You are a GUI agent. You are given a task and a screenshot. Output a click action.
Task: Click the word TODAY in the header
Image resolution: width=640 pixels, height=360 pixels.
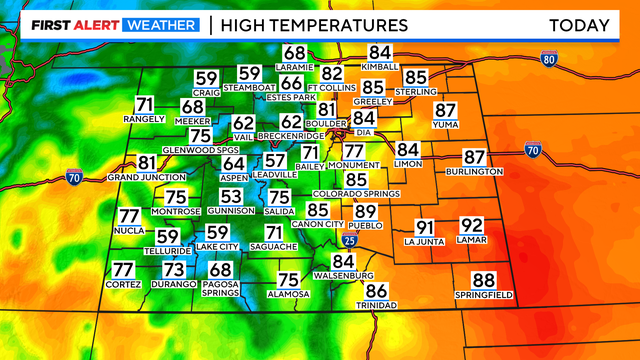[x=579, y=24]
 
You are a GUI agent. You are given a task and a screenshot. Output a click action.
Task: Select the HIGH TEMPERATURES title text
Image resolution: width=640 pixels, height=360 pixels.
[x=314, y=24]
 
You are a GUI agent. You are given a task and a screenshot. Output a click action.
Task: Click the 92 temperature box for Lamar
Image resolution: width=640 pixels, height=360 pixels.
[x=471, y=226]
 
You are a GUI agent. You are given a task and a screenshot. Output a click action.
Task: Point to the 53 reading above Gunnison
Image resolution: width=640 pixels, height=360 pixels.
[x=231, y=197]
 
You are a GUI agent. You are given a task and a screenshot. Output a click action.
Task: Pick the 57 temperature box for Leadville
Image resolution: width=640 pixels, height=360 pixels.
[x=275, y=160]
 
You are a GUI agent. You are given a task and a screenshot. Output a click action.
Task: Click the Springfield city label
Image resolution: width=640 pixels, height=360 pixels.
[x=483, y=296]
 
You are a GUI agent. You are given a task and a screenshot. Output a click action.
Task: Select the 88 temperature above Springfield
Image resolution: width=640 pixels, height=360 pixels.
[x=484, y=281]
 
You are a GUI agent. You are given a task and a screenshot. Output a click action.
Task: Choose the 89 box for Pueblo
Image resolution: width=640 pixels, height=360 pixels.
[x=366, y=211]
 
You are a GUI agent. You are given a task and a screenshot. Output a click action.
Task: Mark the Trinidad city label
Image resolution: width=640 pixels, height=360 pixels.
[x=376, y=304]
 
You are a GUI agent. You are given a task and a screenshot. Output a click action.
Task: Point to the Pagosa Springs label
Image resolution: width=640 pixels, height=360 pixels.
[x=221, y=288]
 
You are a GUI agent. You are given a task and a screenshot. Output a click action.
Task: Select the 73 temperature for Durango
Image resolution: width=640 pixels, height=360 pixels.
[x=174, y=269]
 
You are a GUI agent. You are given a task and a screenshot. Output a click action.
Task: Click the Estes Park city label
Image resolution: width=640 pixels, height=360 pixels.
[x=291, y=98]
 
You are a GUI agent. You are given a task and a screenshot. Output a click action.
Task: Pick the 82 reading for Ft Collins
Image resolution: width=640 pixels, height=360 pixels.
[x=332, y=74]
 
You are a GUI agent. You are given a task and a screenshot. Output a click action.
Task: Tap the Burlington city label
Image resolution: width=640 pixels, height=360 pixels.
[x=474, y=172]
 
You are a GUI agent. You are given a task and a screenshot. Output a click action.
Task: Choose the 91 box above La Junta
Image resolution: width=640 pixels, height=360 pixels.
[x=425, y=227]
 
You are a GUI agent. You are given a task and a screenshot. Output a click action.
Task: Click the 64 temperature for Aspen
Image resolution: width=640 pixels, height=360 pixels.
[x=233, y=163]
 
